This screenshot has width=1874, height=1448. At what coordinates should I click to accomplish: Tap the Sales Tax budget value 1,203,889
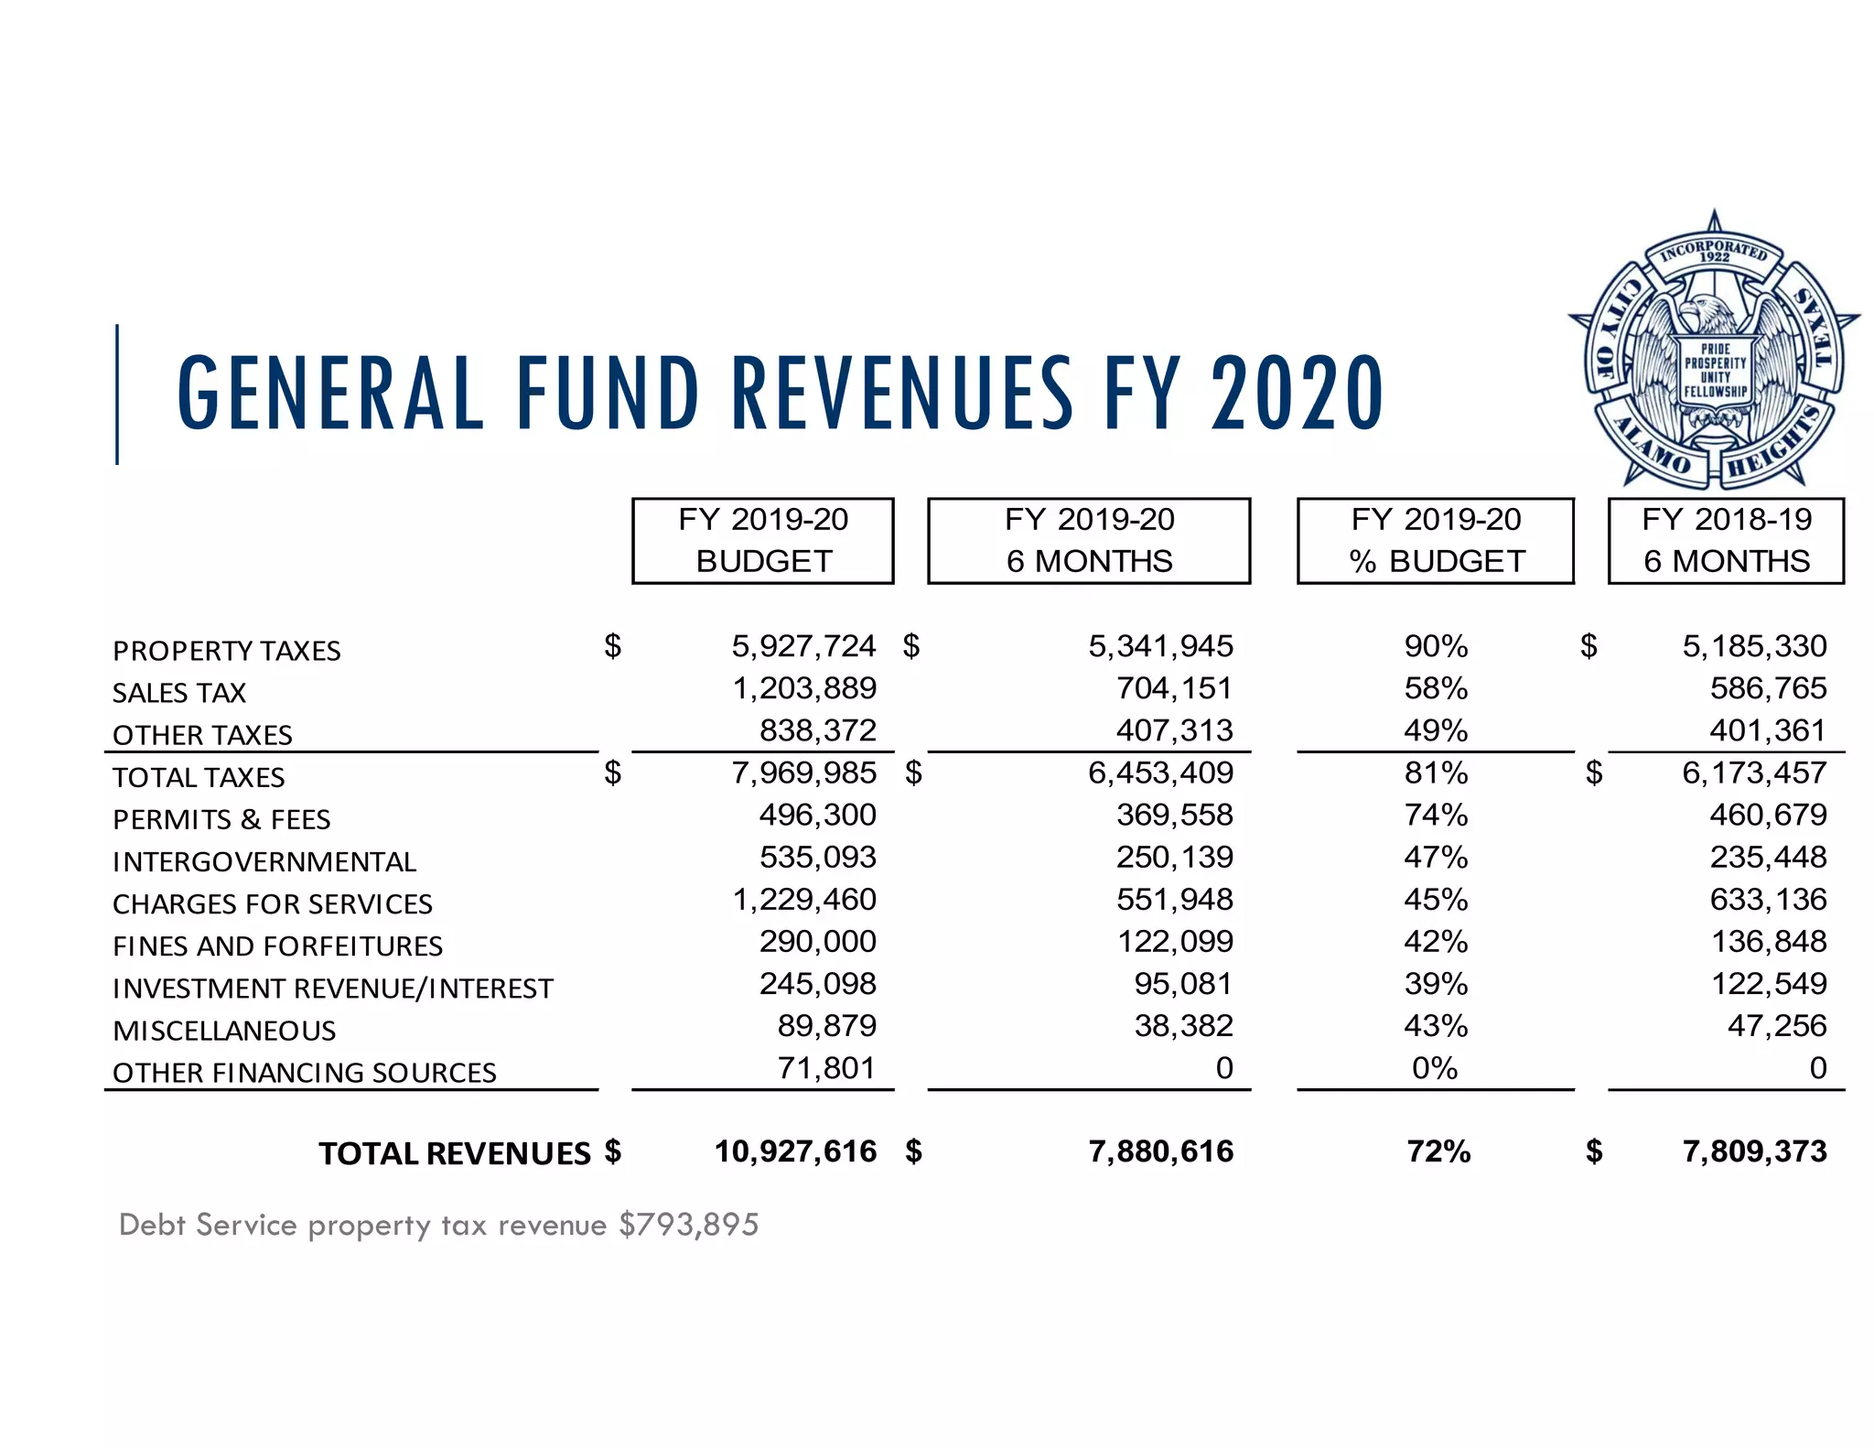804,688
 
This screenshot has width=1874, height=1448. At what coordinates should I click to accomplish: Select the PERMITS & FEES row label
221,819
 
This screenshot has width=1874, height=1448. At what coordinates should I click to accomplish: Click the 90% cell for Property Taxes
1436,646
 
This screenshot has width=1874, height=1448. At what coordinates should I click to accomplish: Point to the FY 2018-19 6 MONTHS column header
1726,540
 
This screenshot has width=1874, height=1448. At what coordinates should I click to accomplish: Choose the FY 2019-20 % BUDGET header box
1436,540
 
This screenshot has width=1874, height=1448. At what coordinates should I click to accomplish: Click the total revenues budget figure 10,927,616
795,1151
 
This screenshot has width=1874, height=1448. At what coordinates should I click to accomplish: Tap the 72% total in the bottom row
1438,1151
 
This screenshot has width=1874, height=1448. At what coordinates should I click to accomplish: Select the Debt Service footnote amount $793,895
689,1225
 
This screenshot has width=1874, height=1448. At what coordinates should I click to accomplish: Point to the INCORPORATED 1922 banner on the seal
1714,253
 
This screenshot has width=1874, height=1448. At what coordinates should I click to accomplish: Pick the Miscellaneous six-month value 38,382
1183,1026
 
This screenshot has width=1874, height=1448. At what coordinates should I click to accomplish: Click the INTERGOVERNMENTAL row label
264,861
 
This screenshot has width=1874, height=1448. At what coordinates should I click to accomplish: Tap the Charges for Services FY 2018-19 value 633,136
1768,900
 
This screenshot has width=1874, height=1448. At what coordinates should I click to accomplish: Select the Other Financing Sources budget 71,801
826,1068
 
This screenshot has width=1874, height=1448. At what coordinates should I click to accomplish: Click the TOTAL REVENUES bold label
455,1153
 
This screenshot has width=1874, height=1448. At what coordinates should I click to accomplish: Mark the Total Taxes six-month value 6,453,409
1160,773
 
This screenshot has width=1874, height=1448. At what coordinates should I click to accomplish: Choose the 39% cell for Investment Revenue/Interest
1436,984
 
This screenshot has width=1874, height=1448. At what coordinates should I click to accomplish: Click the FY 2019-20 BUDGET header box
763,540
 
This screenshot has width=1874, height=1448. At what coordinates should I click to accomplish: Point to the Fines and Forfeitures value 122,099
1175,942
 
